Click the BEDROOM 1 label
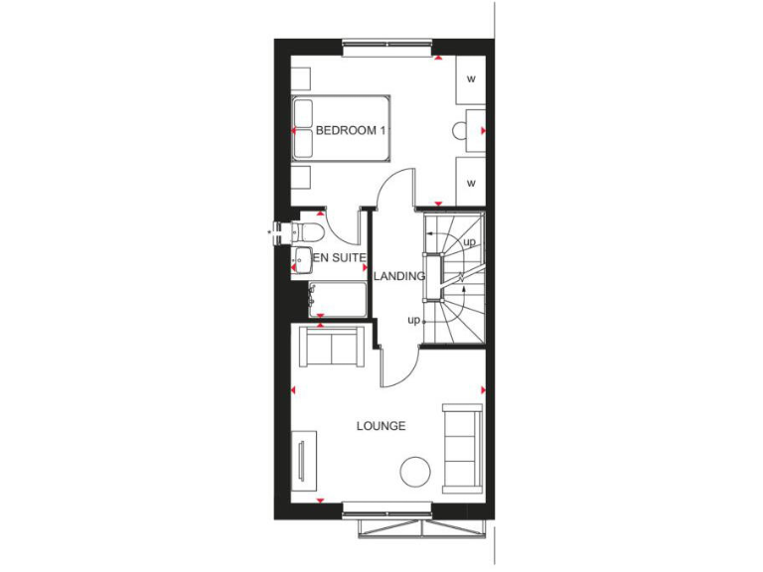click(350, 131)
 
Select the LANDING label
click(399, 276)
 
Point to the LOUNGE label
click(381, 426)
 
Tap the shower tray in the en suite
click(337, 298)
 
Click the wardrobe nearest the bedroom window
click(471, 77)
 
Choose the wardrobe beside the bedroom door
click(471, 182)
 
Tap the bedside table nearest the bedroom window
click(301, 77)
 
